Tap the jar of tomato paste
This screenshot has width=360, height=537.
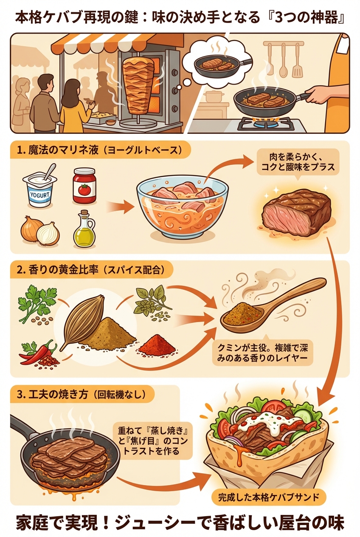pos(84,186)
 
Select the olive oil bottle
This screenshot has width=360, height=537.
pos(84,229)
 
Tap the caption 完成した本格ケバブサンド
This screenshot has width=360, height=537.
pos(268,497)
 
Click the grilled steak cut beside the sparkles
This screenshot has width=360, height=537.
pos(297,212)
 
